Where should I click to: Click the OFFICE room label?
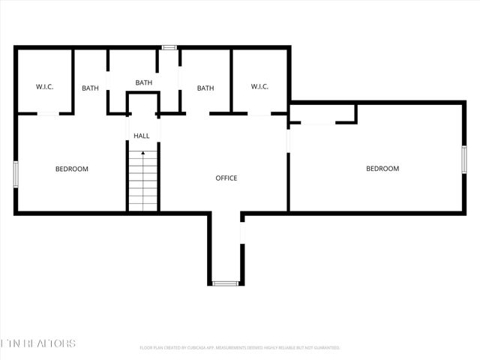click(x=226, y=178)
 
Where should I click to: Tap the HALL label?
click(x=142, y=136)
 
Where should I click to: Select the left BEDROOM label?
click(x=72, y=169)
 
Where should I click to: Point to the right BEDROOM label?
click(x=382, y=169)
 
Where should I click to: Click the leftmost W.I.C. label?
click(x=44, y=87)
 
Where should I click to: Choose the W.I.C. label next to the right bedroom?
click(x=259, y=87)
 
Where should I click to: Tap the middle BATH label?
click(x=144, y=82)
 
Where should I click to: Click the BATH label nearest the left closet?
click(x=90, y=88)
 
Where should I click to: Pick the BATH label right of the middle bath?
click(x=205, y=88)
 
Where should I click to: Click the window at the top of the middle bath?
click(x=169, y=47)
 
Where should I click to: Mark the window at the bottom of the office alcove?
click(x=225, y=283)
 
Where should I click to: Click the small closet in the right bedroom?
click(x=322, y=113)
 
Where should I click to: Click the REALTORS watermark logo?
click(x=37, y=343)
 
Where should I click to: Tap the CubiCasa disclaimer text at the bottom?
click(x=240, y=348)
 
